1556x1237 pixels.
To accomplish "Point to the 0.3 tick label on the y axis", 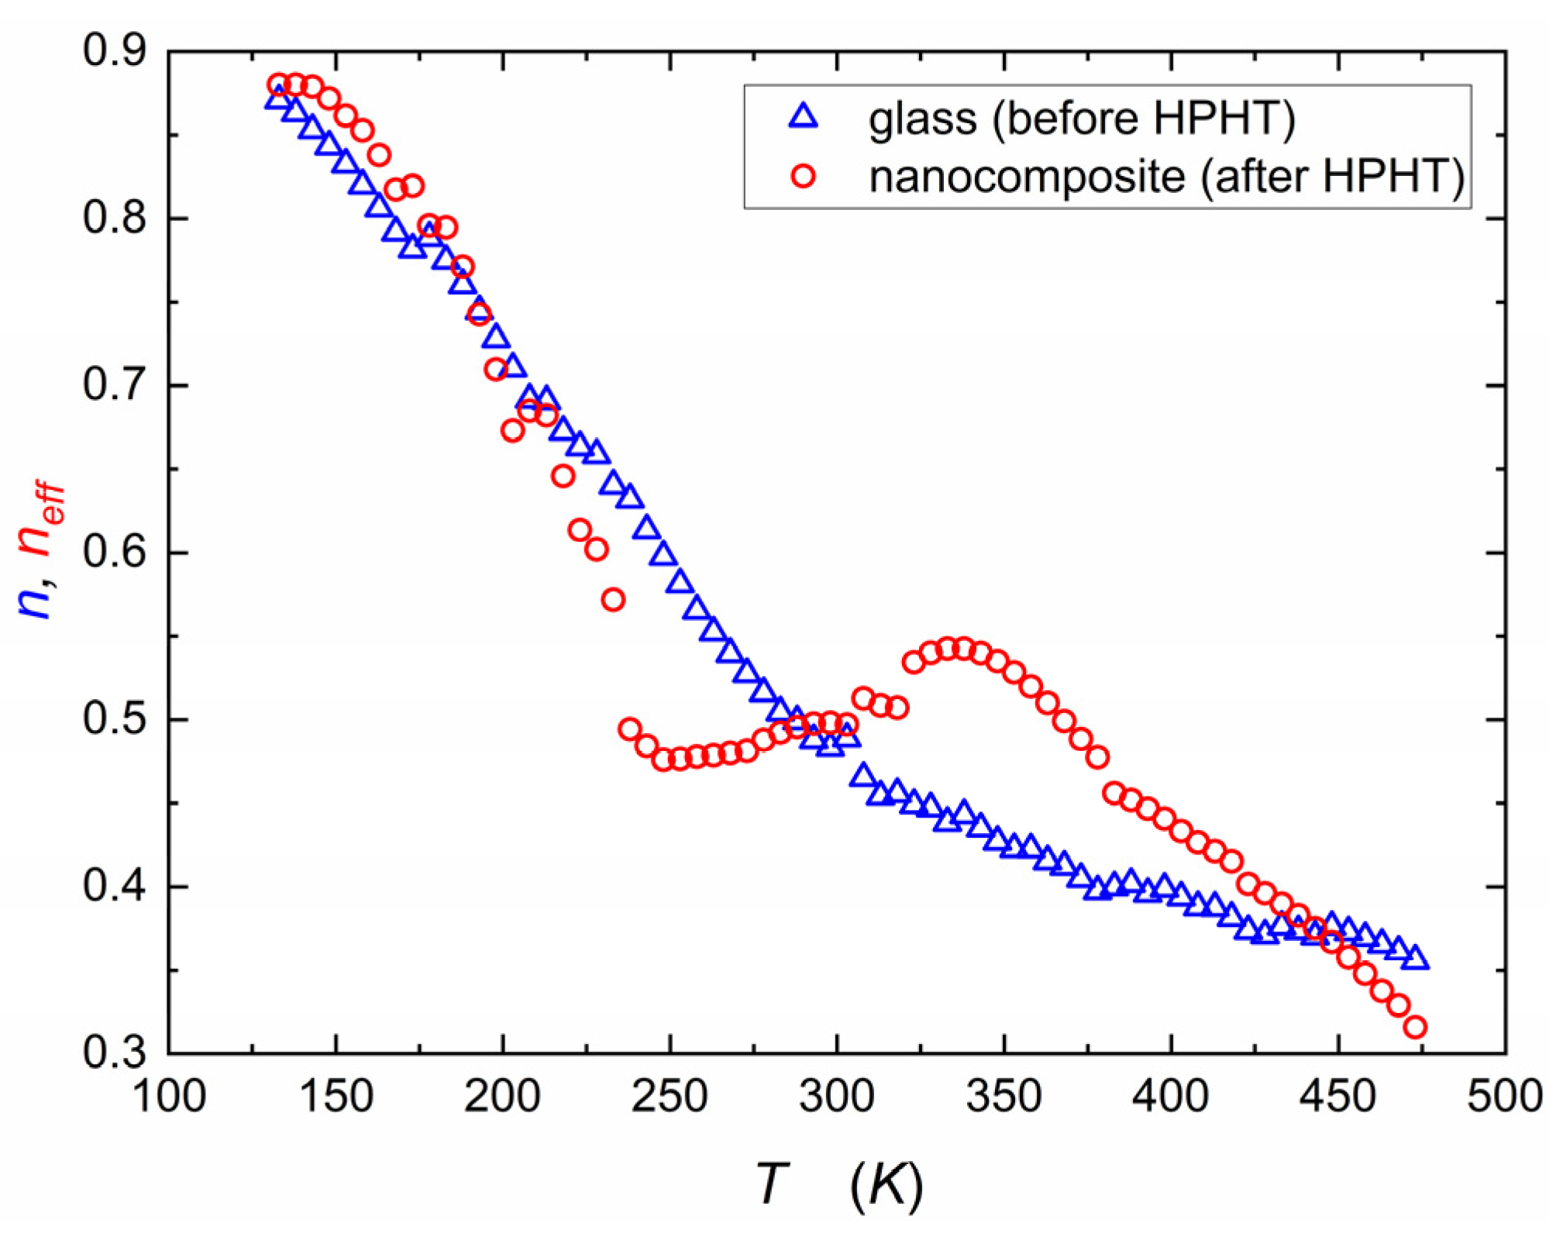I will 114,1053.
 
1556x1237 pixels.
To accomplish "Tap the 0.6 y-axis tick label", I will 114,553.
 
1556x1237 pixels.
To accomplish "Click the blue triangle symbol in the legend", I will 804,117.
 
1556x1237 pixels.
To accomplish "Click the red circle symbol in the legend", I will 804,177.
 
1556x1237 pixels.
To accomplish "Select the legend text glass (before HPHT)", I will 1081,119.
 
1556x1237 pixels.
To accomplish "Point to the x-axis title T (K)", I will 837,1184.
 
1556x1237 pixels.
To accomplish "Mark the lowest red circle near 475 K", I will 1415,1028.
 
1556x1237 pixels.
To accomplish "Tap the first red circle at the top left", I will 278,84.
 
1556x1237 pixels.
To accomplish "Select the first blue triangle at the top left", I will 277,98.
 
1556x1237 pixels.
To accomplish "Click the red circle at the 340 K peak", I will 963,648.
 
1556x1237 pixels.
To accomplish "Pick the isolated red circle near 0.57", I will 613,599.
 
